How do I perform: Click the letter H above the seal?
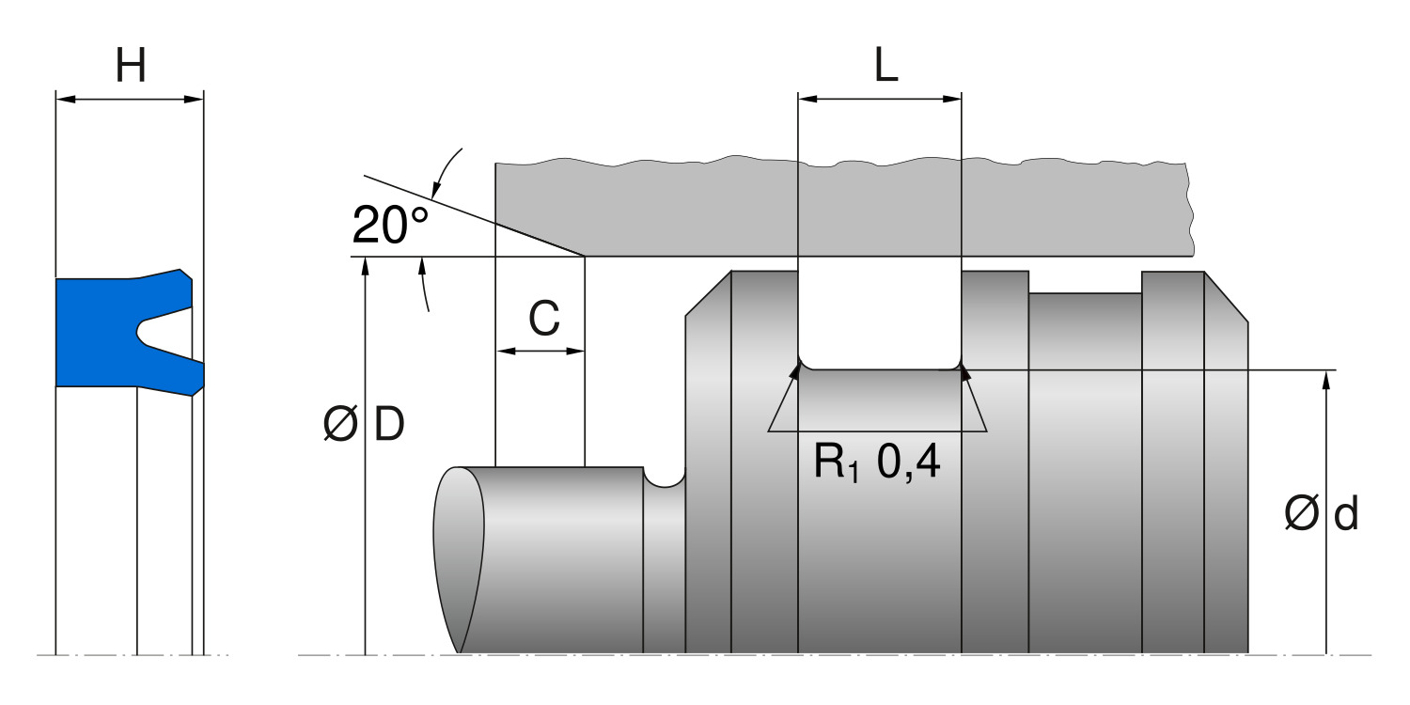click(131, 67)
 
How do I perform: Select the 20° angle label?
click(389, 226)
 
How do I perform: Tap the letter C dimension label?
click(543, 321)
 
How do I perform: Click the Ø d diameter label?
click(1321, 514)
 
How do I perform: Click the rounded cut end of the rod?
click(459, 555)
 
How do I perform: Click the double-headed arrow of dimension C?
click(540, 352)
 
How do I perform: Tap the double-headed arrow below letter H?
click(130, 98)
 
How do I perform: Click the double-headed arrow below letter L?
click(879, 98)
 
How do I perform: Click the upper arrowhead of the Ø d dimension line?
click(1326, 376)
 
